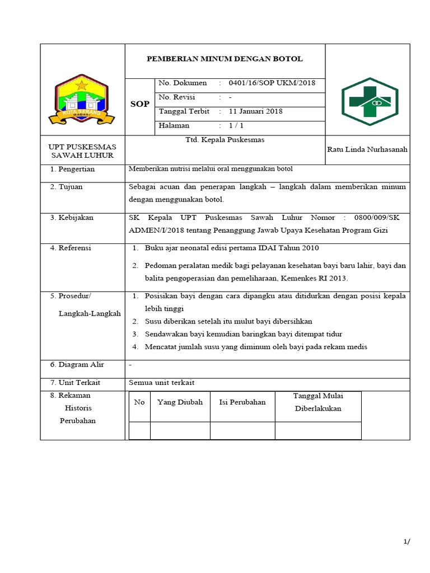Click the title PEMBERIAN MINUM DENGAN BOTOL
coord(224,59)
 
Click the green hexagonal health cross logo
coord(370,101)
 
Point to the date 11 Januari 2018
coord(256,111)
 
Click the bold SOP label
coord(139,104)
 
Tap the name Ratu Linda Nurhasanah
coord(367,149)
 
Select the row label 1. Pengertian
coord(72,169)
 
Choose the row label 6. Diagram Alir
coord(77,365)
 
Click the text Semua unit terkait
coord(161,383)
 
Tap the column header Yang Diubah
coord(180,402)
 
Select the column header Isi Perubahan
coord(242,402)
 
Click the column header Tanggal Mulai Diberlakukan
coord(318,402)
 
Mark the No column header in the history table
coord(139,402)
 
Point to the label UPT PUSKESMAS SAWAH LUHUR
coord(82,151)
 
